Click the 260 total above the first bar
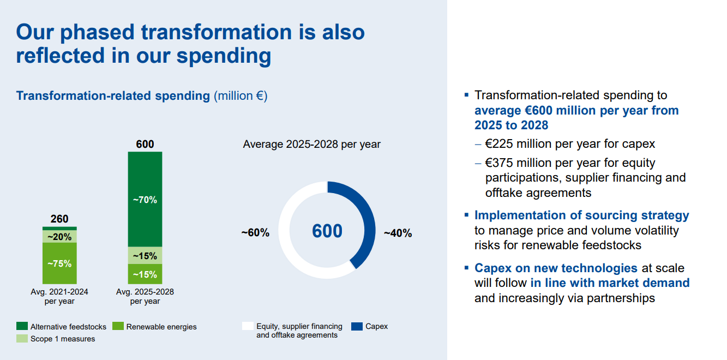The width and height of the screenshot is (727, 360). click(x=59, y=219)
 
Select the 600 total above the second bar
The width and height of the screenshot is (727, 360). click(x=145, y=145)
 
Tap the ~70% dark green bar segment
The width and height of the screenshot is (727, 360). click(x=145, y=200)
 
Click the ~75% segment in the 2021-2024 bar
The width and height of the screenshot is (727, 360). click(x=59, y=263)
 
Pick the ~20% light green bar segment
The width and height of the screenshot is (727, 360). click(x=59, y=237)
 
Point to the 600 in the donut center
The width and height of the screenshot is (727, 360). click(x=327, y=231)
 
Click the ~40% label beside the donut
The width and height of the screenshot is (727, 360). click(x=398, y=233)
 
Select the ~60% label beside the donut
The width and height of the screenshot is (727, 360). click(x=255, y=233)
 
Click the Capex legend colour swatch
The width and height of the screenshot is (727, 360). click(x=357, y=326)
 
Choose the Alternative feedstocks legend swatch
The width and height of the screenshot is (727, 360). click(x=22, y=326)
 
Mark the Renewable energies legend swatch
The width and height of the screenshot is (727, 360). click(x=118, y=326)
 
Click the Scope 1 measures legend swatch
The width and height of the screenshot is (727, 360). click(x=22, y=339)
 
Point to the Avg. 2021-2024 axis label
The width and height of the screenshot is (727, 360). click(x=59, y=296)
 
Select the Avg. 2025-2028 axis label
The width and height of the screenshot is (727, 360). click(x=145, y=296)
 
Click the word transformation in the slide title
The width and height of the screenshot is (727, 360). click(x=216, y=32)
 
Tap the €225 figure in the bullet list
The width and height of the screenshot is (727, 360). click(x=498, y=145)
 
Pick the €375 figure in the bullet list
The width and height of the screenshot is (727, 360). click(x=498, y=163)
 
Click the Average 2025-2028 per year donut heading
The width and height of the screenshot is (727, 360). click(x=311, y=145)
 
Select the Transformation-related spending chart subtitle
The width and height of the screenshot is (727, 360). click(x=113, y=96)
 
